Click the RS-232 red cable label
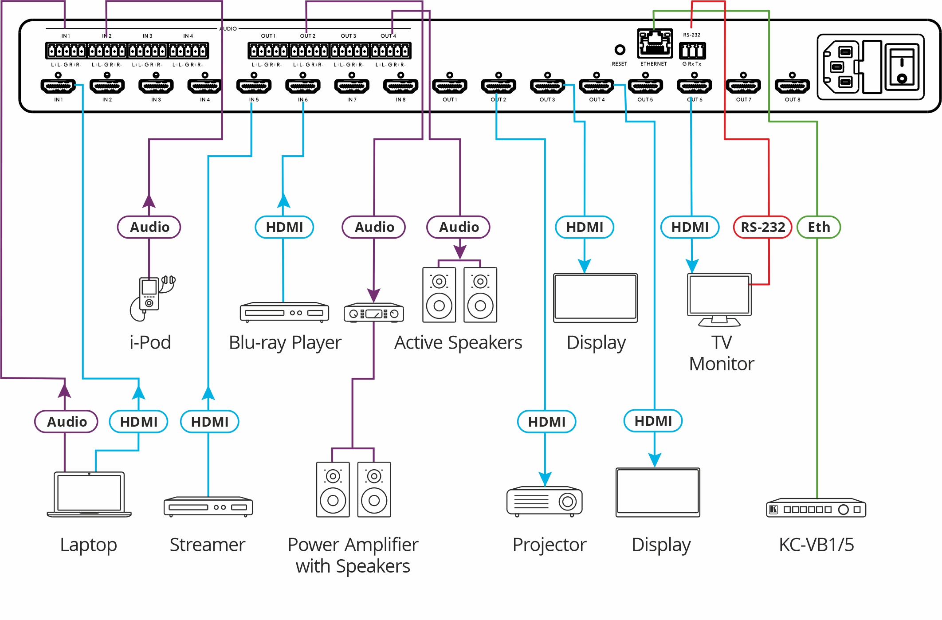pyautogui.click(x=762, y=227)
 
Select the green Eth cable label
pyautogui.click(x=818, y=227)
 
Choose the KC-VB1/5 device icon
pyautogui.click(x=816, y=509)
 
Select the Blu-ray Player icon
pyautogui.click(x=284, y=312)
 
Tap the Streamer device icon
pyautogui.click(x=208, y=506)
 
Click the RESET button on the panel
pyautogui.click(x=620, y=50)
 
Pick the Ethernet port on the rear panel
pyautogui.click(x=655, y=43)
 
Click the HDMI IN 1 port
pyautogui.click(x=58, y=86)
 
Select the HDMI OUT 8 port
pyautogui.click(x=792, y=86)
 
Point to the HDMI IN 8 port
pyautogui.click(x=400, y=86)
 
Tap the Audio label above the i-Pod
pyautogui.click(x=149, y=227)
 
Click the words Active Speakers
pyautogui.click(x=458, y=342)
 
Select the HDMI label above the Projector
pyautogui.click(x=546, y=421)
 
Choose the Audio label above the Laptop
pyautogui.click(x=67, y=421)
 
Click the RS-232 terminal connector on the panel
pyautogui.click(x=692, y=51)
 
